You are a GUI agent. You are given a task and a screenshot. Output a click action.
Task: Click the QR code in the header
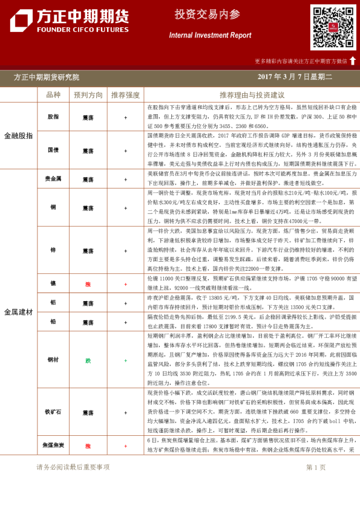(x=333, y=27)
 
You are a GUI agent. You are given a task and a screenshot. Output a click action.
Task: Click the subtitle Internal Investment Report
(x=210, y=35)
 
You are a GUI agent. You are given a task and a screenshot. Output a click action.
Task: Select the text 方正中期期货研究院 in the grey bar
(x=47, y=77)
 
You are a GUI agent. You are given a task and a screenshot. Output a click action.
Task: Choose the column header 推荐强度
(x=125, y=95)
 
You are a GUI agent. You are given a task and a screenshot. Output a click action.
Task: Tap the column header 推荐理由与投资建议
(x=252, y=95)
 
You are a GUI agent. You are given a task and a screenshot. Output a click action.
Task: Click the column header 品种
(x=53, y=95)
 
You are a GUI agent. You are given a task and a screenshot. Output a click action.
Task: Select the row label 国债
(x=53, y=149)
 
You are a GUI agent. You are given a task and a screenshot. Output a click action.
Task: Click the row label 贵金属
(x=53, y=179)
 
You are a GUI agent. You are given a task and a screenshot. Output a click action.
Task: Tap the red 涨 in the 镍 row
(x=88, y=283)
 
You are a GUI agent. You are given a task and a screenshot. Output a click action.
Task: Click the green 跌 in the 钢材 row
(x=88, y=360)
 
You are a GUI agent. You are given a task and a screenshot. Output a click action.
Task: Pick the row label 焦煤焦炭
(x=53, y=446)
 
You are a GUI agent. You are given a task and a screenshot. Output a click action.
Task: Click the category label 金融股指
(x=19, y=135)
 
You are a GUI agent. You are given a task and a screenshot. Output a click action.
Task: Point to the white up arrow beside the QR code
(x=353, y=60)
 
